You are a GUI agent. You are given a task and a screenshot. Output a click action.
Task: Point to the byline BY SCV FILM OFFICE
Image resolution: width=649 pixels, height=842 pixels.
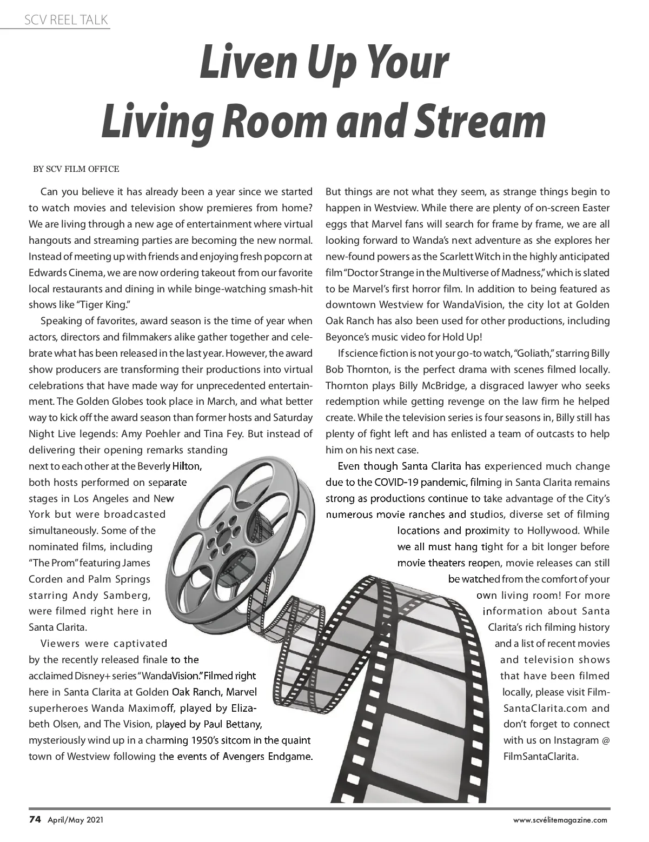point(76,169)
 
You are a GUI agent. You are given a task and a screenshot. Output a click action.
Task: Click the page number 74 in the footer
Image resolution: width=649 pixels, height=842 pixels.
point(35,819)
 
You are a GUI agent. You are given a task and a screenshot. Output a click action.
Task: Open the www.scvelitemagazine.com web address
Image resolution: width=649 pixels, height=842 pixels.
point(560,820)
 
